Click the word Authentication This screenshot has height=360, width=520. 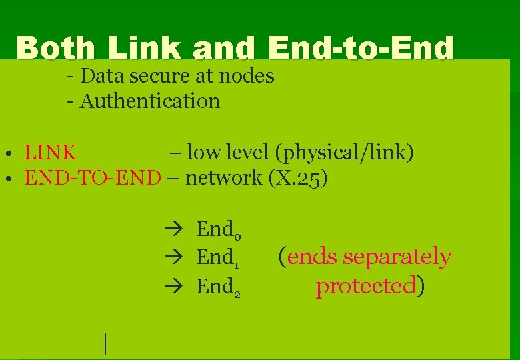[150, 101]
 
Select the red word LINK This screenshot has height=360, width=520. [51, 153]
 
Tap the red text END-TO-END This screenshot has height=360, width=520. [93, 178]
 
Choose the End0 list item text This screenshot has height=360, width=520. [218, 230]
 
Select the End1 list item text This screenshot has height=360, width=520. [218, 257]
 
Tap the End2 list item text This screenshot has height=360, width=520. [218, 286]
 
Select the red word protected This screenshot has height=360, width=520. [365, 286]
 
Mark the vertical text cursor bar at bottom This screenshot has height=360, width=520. [105, 343]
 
